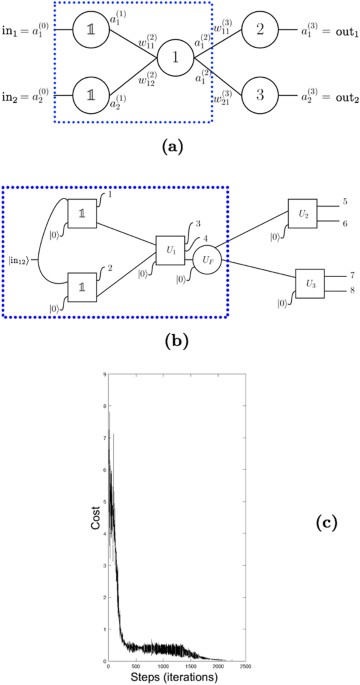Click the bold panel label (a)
179,144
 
